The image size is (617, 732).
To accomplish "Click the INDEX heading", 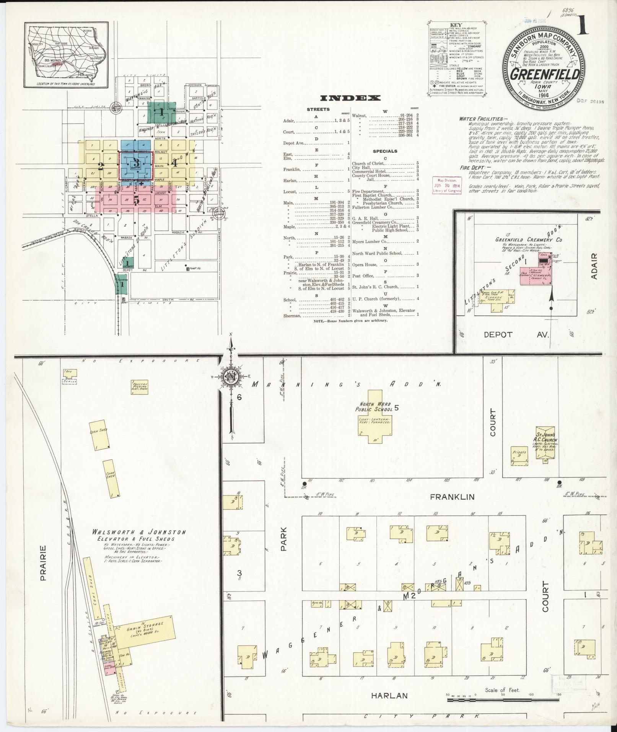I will [350, 98].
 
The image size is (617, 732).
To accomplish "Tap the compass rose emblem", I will [231, 377].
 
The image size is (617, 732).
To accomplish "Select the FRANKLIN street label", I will [452, 497].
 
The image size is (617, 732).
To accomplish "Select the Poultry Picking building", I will [139, 385].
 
